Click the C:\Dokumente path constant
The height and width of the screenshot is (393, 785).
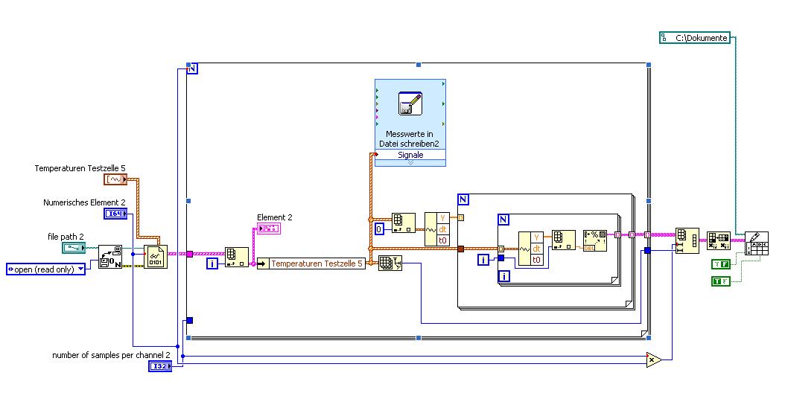[695, 37]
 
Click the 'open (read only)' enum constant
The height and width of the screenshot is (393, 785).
[45, 269]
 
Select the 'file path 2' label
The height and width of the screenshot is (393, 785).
[66, 237]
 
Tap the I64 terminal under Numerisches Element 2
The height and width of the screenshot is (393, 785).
[115, 214]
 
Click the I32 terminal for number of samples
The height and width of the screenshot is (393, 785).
[160, 366]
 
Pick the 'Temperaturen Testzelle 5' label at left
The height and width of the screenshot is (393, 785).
[80, 169]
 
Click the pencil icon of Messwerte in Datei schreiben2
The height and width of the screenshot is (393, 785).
[410, 103]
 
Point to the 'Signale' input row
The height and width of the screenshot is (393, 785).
[410, 155]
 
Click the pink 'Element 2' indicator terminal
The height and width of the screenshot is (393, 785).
[267, 228]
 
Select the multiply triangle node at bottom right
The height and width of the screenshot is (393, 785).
[653, 360]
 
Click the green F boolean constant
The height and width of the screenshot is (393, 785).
[720, 263]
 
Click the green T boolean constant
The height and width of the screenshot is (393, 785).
[720, 281]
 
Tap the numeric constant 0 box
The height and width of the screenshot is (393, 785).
[379, 229]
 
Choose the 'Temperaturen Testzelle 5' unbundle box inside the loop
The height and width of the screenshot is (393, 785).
[312, 263]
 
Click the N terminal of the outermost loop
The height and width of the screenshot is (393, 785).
[192, 68]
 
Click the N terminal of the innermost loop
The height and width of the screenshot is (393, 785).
[503, 220]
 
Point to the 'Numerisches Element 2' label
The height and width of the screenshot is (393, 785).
[84, 202]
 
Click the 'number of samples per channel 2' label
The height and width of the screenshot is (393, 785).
[111, 355]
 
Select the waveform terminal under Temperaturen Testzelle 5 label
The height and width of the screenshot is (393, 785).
[115, 180]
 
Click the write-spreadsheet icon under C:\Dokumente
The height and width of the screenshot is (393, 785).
[757, 243]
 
